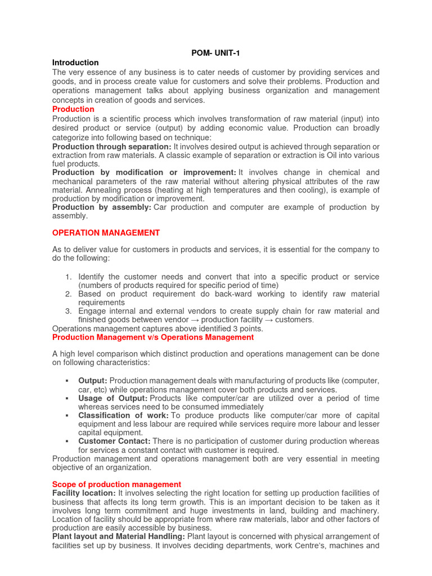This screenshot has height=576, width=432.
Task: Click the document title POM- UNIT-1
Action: pyautogui.click(x=215, y=53)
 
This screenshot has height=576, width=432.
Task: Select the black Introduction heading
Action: pyautogui.click(x=75, y=62)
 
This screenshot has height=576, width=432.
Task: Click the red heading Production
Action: pyautogui.click(x=73, y=109)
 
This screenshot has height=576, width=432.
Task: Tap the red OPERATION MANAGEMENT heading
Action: pyautogui.click(x=106, y=233)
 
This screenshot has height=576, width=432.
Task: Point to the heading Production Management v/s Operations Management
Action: pyautogui.click(x=152, y=337)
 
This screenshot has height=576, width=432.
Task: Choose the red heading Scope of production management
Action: pyautogui.click(x=116, y=484)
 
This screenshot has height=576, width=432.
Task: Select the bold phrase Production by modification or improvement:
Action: pyautogui.click(x=144, y=172)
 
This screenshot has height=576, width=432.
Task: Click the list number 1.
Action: pyautogui.click(x=68, y=277)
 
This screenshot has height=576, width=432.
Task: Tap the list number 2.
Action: pyautogui.click(x=68, y=294)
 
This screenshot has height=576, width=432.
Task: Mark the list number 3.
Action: pyautogui.click(x=68, y=311)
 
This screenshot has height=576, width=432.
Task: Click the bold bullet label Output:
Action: pyautogui.click(x=93, y=381)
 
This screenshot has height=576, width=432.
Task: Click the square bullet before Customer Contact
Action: pyautogui.click(x=66, y=442)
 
